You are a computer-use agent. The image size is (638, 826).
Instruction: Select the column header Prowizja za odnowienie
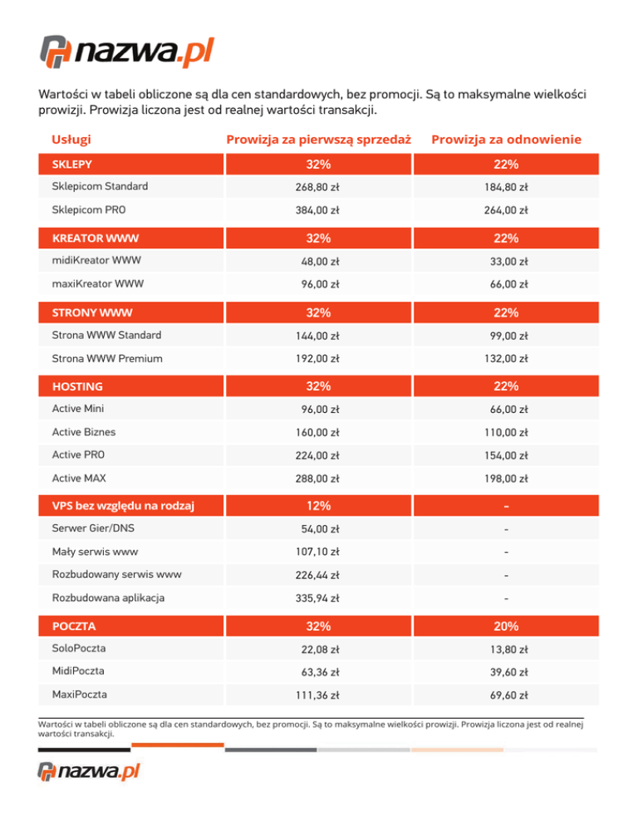click(x=506, y=139)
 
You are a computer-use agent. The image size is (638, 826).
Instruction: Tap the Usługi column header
click(x=71, y=139)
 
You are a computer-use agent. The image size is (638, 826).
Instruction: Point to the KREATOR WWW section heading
click(x=95, y=238)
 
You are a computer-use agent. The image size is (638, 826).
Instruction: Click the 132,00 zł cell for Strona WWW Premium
click(x=506, y=359)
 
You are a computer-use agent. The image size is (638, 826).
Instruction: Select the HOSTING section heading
click(x=78, y=386)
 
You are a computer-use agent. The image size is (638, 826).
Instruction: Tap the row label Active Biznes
click(x=84, y=432)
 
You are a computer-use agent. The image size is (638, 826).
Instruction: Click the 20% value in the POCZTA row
click(x=506, y=626)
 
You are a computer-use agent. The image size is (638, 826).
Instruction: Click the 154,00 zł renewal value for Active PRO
click(x=506, y=456)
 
